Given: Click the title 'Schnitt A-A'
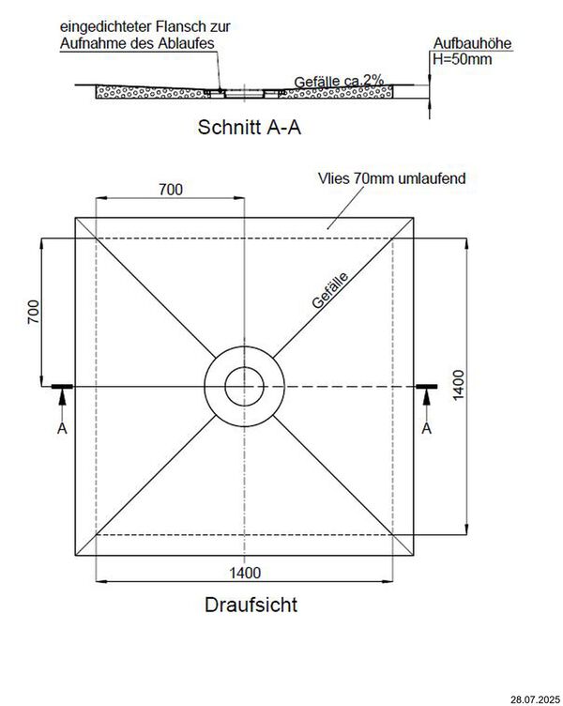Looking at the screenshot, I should [250, 127].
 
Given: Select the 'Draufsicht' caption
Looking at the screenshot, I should [251, 605].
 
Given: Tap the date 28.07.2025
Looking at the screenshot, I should [535, 699].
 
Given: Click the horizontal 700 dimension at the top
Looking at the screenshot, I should [171, 190].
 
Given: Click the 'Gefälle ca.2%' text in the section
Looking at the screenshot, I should [339, 81].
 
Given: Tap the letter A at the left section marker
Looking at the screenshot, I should [62, 428].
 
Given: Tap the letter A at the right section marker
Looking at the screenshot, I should [427, 428].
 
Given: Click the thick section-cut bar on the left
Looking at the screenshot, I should [62, 386].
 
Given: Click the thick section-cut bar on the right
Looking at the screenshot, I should [427, 386].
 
